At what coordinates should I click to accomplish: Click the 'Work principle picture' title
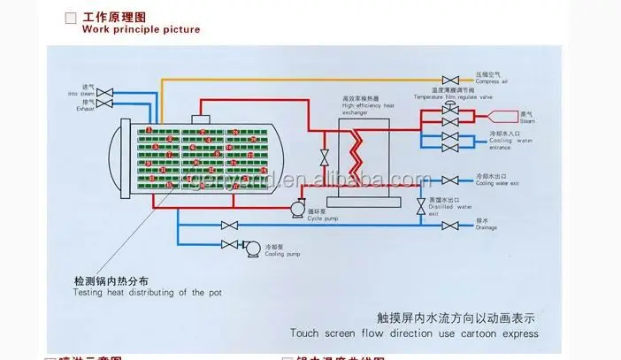(141, 29)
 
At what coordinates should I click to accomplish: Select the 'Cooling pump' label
(280, 251)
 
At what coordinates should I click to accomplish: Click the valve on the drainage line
(449, 226)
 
